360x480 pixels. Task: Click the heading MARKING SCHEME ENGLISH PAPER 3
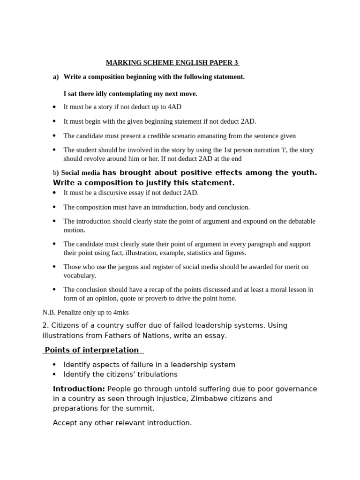(172, 63)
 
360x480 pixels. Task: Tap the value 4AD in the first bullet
(174, 107)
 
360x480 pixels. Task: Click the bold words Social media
(81, 173)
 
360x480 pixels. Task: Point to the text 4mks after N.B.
(121, 312)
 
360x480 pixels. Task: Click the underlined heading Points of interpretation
(92, 350)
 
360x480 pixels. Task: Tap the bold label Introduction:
(79, 389)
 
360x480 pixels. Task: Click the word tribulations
(157, 375)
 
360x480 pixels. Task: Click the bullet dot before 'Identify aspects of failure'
(54, 365)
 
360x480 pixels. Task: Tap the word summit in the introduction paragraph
(142, 408)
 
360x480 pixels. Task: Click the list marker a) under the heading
(56, 77)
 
